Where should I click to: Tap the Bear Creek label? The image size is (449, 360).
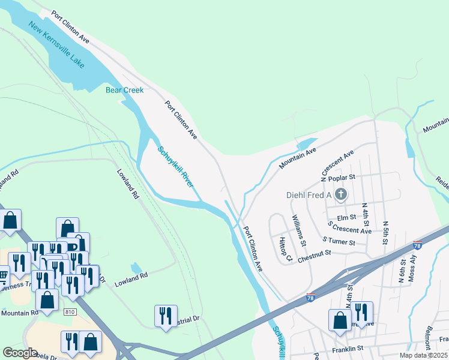(125, 90)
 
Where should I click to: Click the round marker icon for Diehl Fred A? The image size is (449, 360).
(341, 194)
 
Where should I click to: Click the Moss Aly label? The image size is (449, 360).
(411, 268)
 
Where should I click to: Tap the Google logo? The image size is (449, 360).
(20, 353)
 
